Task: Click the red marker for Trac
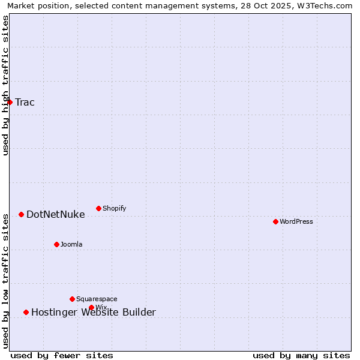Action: click(10, 102)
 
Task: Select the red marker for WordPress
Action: click(275, 221)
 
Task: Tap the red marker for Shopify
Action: click(98, 208)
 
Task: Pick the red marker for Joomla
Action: click(56, 244)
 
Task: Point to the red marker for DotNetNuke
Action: click(21, 214)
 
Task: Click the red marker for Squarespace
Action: click(72, 299)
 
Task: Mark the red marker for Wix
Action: click(91, 307)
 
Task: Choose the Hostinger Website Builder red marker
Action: click(26, 312)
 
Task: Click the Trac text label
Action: click(25, 102)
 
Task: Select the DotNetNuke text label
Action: click(55, 214)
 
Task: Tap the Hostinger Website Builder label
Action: click(93, 312)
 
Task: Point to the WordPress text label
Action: click(296, 221)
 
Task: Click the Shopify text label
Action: click(114, 208)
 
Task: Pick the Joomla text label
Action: click(71, 244)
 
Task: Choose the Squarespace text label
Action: click(97, 299)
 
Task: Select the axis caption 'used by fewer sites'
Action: click(62, 355)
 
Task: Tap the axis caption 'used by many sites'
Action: click(301, 355)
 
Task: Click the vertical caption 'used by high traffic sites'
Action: click(6, 85)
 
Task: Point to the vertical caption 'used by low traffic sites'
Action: click(6, 281)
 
